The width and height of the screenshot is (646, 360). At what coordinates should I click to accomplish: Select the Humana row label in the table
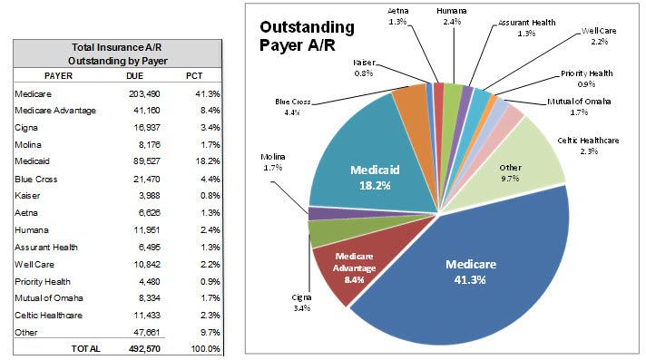click(32, 230)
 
